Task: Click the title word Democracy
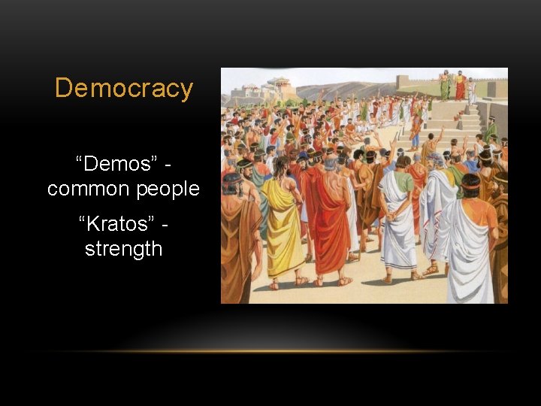click(124, 89)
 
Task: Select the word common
click(81, 189)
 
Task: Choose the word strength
click(123, 249)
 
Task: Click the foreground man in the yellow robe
click(283, 226)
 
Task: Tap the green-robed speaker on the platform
click(445, 86)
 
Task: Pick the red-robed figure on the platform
click(459, 86)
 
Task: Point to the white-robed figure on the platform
click(471, 90)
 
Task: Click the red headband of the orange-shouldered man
click(471, 180)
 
